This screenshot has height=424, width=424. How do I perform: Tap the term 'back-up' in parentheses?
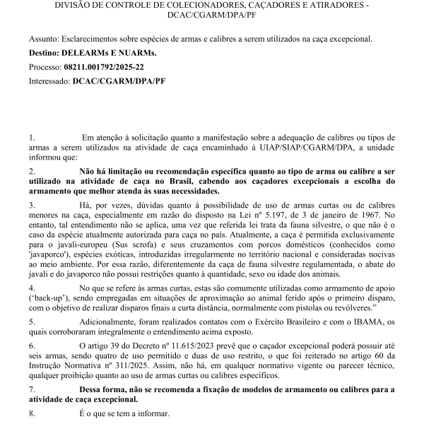(x=52, y=300)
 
